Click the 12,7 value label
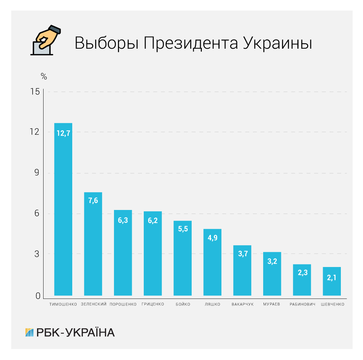(x=63, y=133)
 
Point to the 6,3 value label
(x=123, y=220)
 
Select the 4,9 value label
(x=212, y=239)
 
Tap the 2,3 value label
(x=302, y=273)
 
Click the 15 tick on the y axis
(x=35, y=92)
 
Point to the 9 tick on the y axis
(x=37, y=173)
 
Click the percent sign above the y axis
(x=44, y=77)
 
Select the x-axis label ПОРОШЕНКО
(x=123, y=304)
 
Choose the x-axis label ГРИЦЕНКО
(x=153, y=304)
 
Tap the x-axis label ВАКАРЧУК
(x=242, y=304)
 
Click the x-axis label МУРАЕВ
(x=272, y=304)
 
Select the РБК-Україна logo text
(x=76, y=332)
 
